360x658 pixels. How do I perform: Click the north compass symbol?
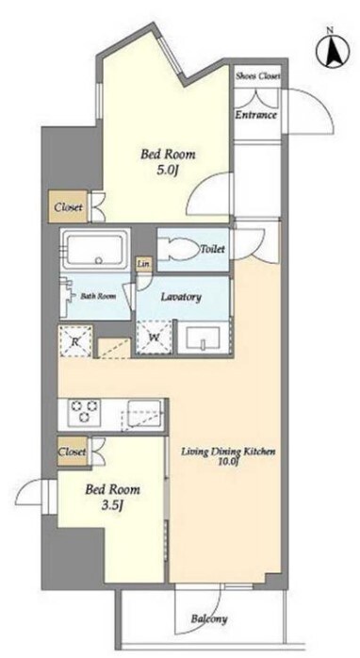pos(334,51)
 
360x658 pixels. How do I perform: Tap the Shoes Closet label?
pos(257,76)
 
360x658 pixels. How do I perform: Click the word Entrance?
pos(256,115)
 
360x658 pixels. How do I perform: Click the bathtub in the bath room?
pos(95,250)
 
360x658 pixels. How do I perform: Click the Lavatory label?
pos(181,297)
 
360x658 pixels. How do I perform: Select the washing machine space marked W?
pos(154,337)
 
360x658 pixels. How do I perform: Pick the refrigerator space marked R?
pos(75,340)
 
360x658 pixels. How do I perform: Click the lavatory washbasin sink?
pos(204,338)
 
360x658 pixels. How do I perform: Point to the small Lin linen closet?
pos(144,264)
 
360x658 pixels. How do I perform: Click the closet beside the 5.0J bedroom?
pos(68,206)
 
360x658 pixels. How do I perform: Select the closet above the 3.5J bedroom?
pos(73,452)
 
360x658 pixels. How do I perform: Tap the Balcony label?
pos(209,619)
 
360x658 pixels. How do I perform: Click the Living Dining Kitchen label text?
pos(228,452)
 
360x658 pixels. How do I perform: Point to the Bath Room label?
pos(98,296)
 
